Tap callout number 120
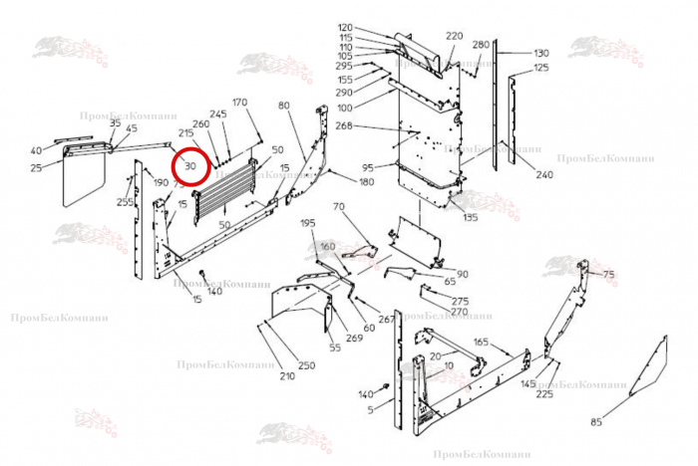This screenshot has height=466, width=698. click(346, 27)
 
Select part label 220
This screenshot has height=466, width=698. click(455, 36)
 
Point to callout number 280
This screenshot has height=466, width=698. click(481, 45)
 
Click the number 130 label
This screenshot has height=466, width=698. click(541, 53)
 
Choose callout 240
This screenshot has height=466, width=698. click(544, 174)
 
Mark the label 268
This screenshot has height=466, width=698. click(345, 125)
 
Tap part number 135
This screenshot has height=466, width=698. click(471, 217)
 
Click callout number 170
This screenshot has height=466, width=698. click(239, 103)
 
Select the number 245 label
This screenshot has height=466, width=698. click(219, 114)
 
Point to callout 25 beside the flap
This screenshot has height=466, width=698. click(37, 167)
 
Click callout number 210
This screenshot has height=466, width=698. click(287, 376)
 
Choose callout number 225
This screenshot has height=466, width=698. click(544, 394)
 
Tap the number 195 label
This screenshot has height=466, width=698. click(307, 223)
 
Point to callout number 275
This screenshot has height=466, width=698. click(460, 301)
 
